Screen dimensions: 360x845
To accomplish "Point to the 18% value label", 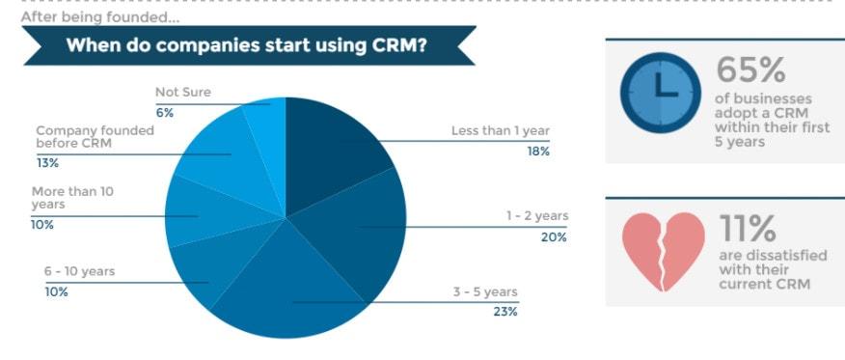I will coord(537,152).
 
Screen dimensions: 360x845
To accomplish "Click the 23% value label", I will coord(505,312).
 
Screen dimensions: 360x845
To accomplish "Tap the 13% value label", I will coord(47,163).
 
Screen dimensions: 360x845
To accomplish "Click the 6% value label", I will coord(164,113).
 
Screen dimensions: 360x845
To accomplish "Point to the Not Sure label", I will coord(182,93).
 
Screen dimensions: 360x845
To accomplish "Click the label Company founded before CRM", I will coord(95,137).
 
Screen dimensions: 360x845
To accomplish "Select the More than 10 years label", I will coord(72,198).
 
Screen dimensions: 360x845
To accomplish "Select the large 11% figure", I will coord(748,230).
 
